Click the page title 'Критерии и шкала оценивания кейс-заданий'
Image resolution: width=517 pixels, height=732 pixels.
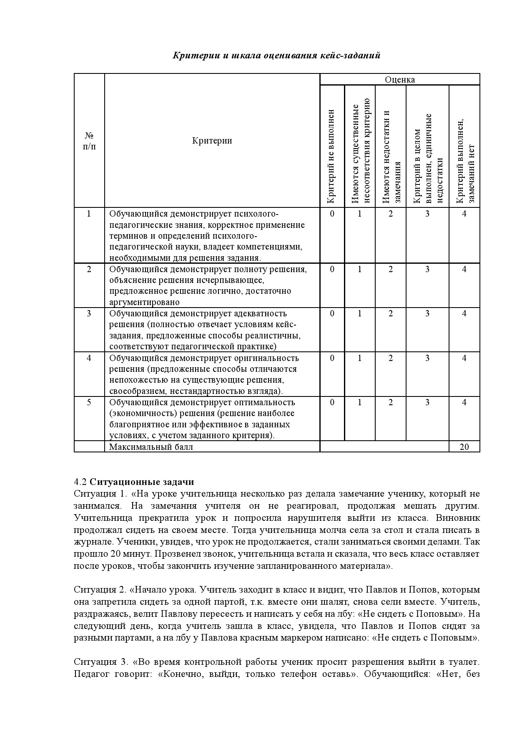(x=276, y=56)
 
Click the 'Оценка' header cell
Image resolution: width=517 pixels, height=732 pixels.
(x=400, y=80)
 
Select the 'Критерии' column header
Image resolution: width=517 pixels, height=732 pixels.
(x=212, y=140)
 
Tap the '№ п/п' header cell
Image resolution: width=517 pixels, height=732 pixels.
(x=89, y=141)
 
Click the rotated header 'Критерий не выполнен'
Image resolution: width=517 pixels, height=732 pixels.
(x=331, y=156)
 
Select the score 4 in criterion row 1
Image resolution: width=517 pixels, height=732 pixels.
(x=464, y=214)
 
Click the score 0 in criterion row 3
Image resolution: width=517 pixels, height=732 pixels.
(x=332, y=313)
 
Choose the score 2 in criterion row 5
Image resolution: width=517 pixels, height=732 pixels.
(x=391, y=402)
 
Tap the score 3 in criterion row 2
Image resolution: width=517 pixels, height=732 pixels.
(x=427, y=269)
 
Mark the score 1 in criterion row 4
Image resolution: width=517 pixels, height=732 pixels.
(x=360, y=358)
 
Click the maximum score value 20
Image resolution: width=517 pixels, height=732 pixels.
(x=464, y=447)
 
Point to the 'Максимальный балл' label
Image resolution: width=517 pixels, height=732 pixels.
(x=151, y=447)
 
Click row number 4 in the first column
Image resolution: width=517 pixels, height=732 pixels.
(x=89, y=358)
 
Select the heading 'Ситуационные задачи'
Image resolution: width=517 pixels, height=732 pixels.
(x=142, y=482)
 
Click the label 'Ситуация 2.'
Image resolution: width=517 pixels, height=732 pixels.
(x=100, y=590)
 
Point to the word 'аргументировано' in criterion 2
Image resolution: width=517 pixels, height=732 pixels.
(x=144, y=302)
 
